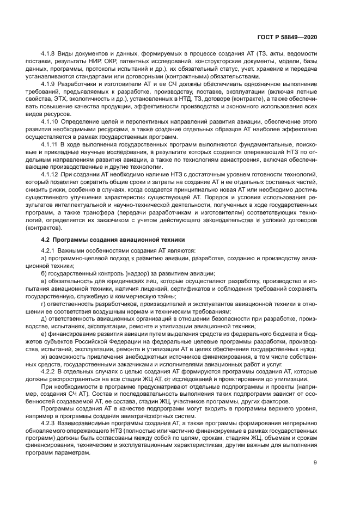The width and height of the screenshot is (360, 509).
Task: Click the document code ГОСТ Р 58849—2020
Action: tap(288, 35)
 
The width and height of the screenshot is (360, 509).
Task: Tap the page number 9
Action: tap(315, 463)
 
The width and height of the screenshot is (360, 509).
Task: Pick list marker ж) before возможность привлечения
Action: tap(45, 356)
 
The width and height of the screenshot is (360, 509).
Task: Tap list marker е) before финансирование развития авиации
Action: tap(44, 334)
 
